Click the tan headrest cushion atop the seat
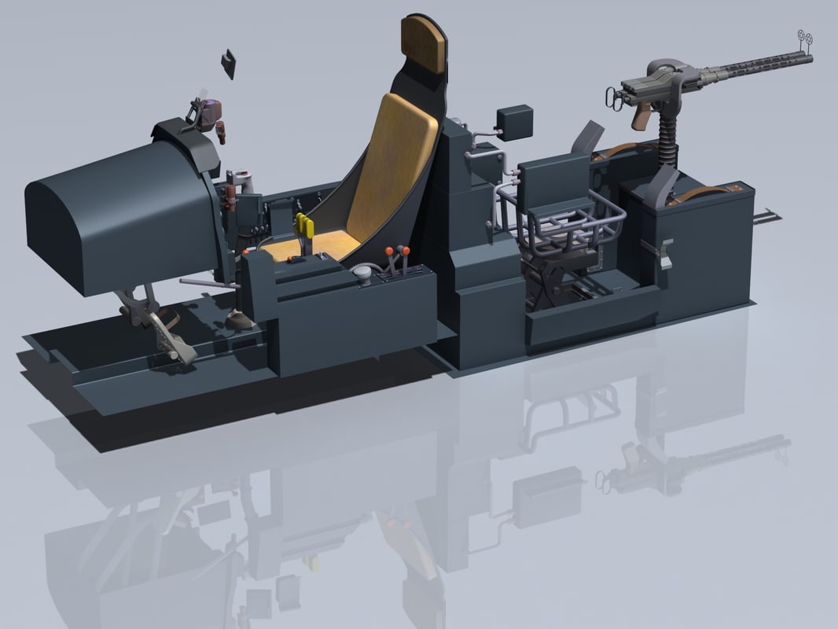coord(423,44)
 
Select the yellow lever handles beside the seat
coord(305,227)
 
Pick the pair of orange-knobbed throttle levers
coord(397,256)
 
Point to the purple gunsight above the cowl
coord(208,113)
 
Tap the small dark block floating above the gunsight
coord(229,64)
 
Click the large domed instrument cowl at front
coord(118,216)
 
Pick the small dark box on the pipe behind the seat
coord(515,122)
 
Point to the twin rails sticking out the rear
coord(766,216)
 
